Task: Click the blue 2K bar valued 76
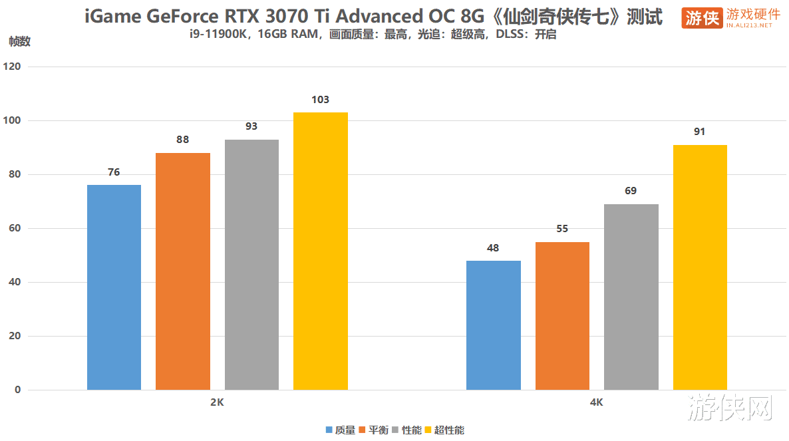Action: point(114,287)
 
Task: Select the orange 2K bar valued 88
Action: point(183,271)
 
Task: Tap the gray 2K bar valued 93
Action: point(251,265)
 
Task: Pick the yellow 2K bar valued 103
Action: point(321,251)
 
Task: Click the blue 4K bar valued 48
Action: point(493,325)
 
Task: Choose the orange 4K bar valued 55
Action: point(562,316)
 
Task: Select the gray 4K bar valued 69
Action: point(631,297)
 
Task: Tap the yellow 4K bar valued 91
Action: point(700,267)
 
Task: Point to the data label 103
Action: point(321,100)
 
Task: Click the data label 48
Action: point(493,248)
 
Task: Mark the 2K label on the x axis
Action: point(217,402)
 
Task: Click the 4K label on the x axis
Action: point(596,402)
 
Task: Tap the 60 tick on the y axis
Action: point(15,228)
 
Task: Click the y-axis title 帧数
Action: point(19,41)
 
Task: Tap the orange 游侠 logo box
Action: point(701,18)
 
